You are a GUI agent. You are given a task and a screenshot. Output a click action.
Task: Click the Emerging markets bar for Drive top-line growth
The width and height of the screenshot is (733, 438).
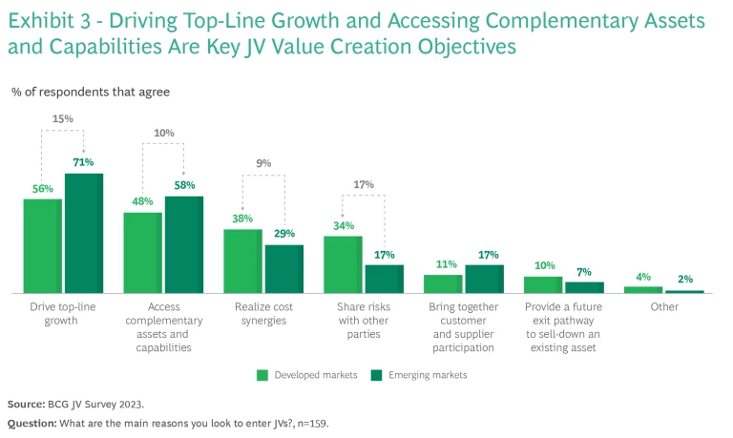coord(84,233)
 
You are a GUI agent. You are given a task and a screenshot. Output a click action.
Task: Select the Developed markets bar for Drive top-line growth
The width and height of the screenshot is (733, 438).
coord(43,245)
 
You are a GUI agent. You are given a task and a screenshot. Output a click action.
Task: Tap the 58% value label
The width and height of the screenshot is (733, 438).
coord(185,185)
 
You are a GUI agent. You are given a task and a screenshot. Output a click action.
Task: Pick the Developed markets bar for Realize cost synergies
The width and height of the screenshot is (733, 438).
coord(242,261)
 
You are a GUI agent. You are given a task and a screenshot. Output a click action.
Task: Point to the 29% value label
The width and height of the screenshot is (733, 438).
coord(283,234)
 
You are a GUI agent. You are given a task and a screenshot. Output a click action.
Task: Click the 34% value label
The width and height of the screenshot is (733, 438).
coord(344,225)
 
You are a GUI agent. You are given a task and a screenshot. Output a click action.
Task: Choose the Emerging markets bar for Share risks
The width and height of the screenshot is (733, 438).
coord(384,279)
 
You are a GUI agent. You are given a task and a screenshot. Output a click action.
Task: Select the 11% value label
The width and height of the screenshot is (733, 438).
coord(443,264)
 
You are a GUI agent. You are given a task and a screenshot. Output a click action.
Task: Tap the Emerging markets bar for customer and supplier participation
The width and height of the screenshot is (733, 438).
coord(484,279)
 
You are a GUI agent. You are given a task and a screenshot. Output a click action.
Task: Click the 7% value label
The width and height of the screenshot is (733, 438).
coord(584,272)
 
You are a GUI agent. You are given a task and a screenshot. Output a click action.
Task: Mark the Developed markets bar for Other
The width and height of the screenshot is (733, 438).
coord(643,289)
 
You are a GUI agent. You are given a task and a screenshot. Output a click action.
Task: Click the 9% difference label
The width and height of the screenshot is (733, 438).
coord(263,163)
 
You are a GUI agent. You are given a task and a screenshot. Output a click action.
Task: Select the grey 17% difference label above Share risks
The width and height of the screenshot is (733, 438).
coord(364,184)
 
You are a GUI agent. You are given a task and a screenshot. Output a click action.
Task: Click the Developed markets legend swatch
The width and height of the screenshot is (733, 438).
coord(262,375)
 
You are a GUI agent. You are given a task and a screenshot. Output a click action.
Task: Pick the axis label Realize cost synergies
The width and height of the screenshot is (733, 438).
coord(263,314)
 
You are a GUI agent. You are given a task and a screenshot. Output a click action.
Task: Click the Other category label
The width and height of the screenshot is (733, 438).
coord(663,307)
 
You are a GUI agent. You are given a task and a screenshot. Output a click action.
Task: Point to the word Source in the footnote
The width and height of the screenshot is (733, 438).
coord(26,404)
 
